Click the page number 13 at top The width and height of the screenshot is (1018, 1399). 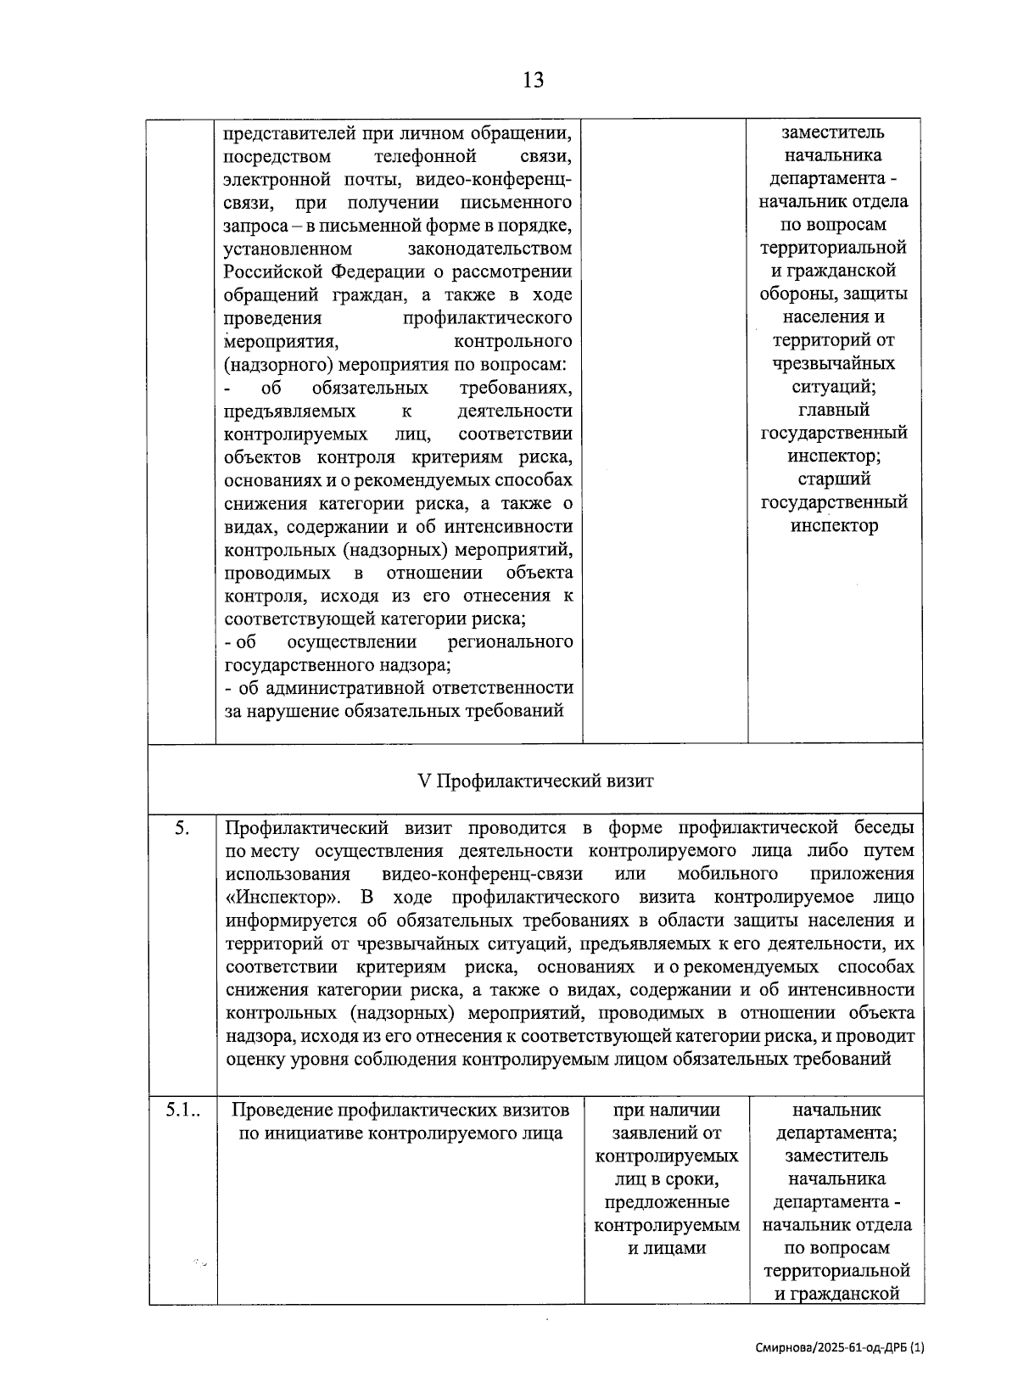[533, 81]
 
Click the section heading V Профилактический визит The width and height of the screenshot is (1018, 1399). [536, 781]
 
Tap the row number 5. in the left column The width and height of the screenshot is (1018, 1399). [182, 828]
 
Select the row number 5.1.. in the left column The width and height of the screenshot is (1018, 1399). [184, 1110]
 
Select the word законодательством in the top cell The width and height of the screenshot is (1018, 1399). [489, 249]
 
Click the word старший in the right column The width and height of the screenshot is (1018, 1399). [833, 478]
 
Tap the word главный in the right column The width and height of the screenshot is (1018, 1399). [833, 410]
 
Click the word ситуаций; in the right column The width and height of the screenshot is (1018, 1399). [833, 387]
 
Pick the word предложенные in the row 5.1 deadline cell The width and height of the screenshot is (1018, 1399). [667, 1202]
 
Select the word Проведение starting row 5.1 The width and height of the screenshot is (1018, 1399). [282, 1110]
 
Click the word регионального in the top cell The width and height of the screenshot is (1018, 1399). [510, 641]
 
